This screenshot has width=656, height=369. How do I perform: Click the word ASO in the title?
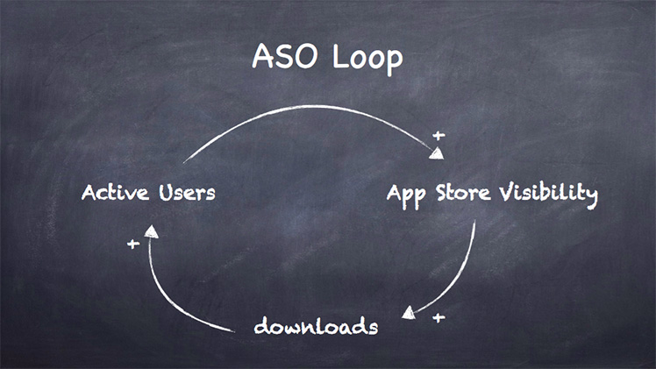(x=284, y=56)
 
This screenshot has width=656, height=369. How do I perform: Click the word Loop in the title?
(x=367, y=59)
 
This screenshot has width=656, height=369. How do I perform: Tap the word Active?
(x=115, y=193)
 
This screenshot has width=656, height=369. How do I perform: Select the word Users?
(x=187, y=193)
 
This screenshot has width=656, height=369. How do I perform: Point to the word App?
(x=406, y=195)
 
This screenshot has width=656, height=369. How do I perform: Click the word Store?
(x=463, y=193)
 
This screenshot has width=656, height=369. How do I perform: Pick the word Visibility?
(x=548, y=195)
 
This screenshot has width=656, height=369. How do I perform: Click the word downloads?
(x=316, y=326)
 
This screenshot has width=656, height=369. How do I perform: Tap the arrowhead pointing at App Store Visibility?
(x=437, y=153)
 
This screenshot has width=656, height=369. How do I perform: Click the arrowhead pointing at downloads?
(x=409, y=313)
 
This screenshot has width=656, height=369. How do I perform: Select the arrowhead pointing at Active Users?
(x=151, y=231)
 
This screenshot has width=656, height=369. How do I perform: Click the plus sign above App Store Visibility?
(x=439, y=135)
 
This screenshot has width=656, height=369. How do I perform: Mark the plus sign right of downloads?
(x=439, y=318)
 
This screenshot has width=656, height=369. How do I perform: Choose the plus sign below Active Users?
(x=133, y=244)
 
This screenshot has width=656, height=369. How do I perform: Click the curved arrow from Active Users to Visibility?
(x=310, y=107)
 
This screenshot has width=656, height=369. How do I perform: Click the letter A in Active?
(x=89, y=193)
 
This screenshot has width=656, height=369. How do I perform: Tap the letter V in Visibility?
(x=507, y=192)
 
